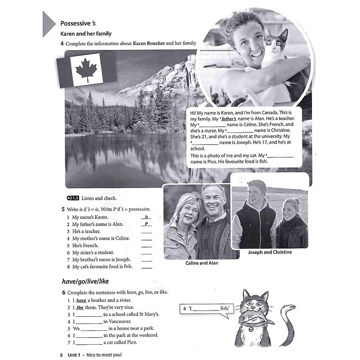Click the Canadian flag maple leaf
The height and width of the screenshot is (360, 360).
click(86, 69)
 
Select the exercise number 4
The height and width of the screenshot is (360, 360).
click(62, 43)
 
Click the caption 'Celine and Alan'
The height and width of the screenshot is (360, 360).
click(202, 263)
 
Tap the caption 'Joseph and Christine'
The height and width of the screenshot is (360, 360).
click(269, 252)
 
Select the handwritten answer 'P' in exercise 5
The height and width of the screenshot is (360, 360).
click(146, 224)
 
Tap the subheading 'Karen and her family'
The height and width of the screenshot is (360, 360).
click(85, 34)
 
